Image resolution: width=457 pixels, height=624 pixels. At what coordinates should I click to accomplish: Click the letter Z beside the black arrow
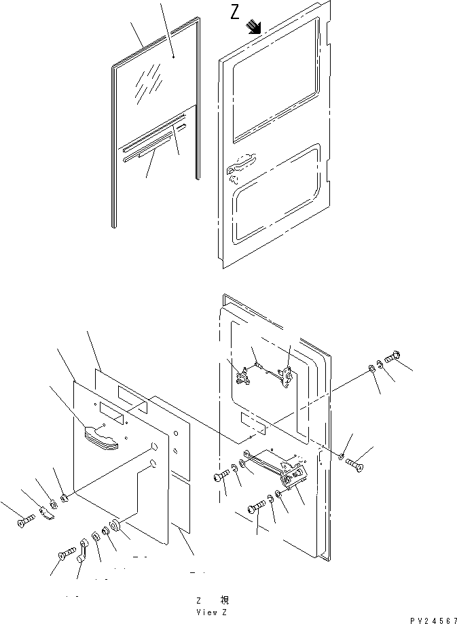[235, 13]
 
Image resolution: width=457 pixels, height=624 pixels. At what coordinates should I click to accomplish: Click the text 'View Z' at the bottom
[211, 612]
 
